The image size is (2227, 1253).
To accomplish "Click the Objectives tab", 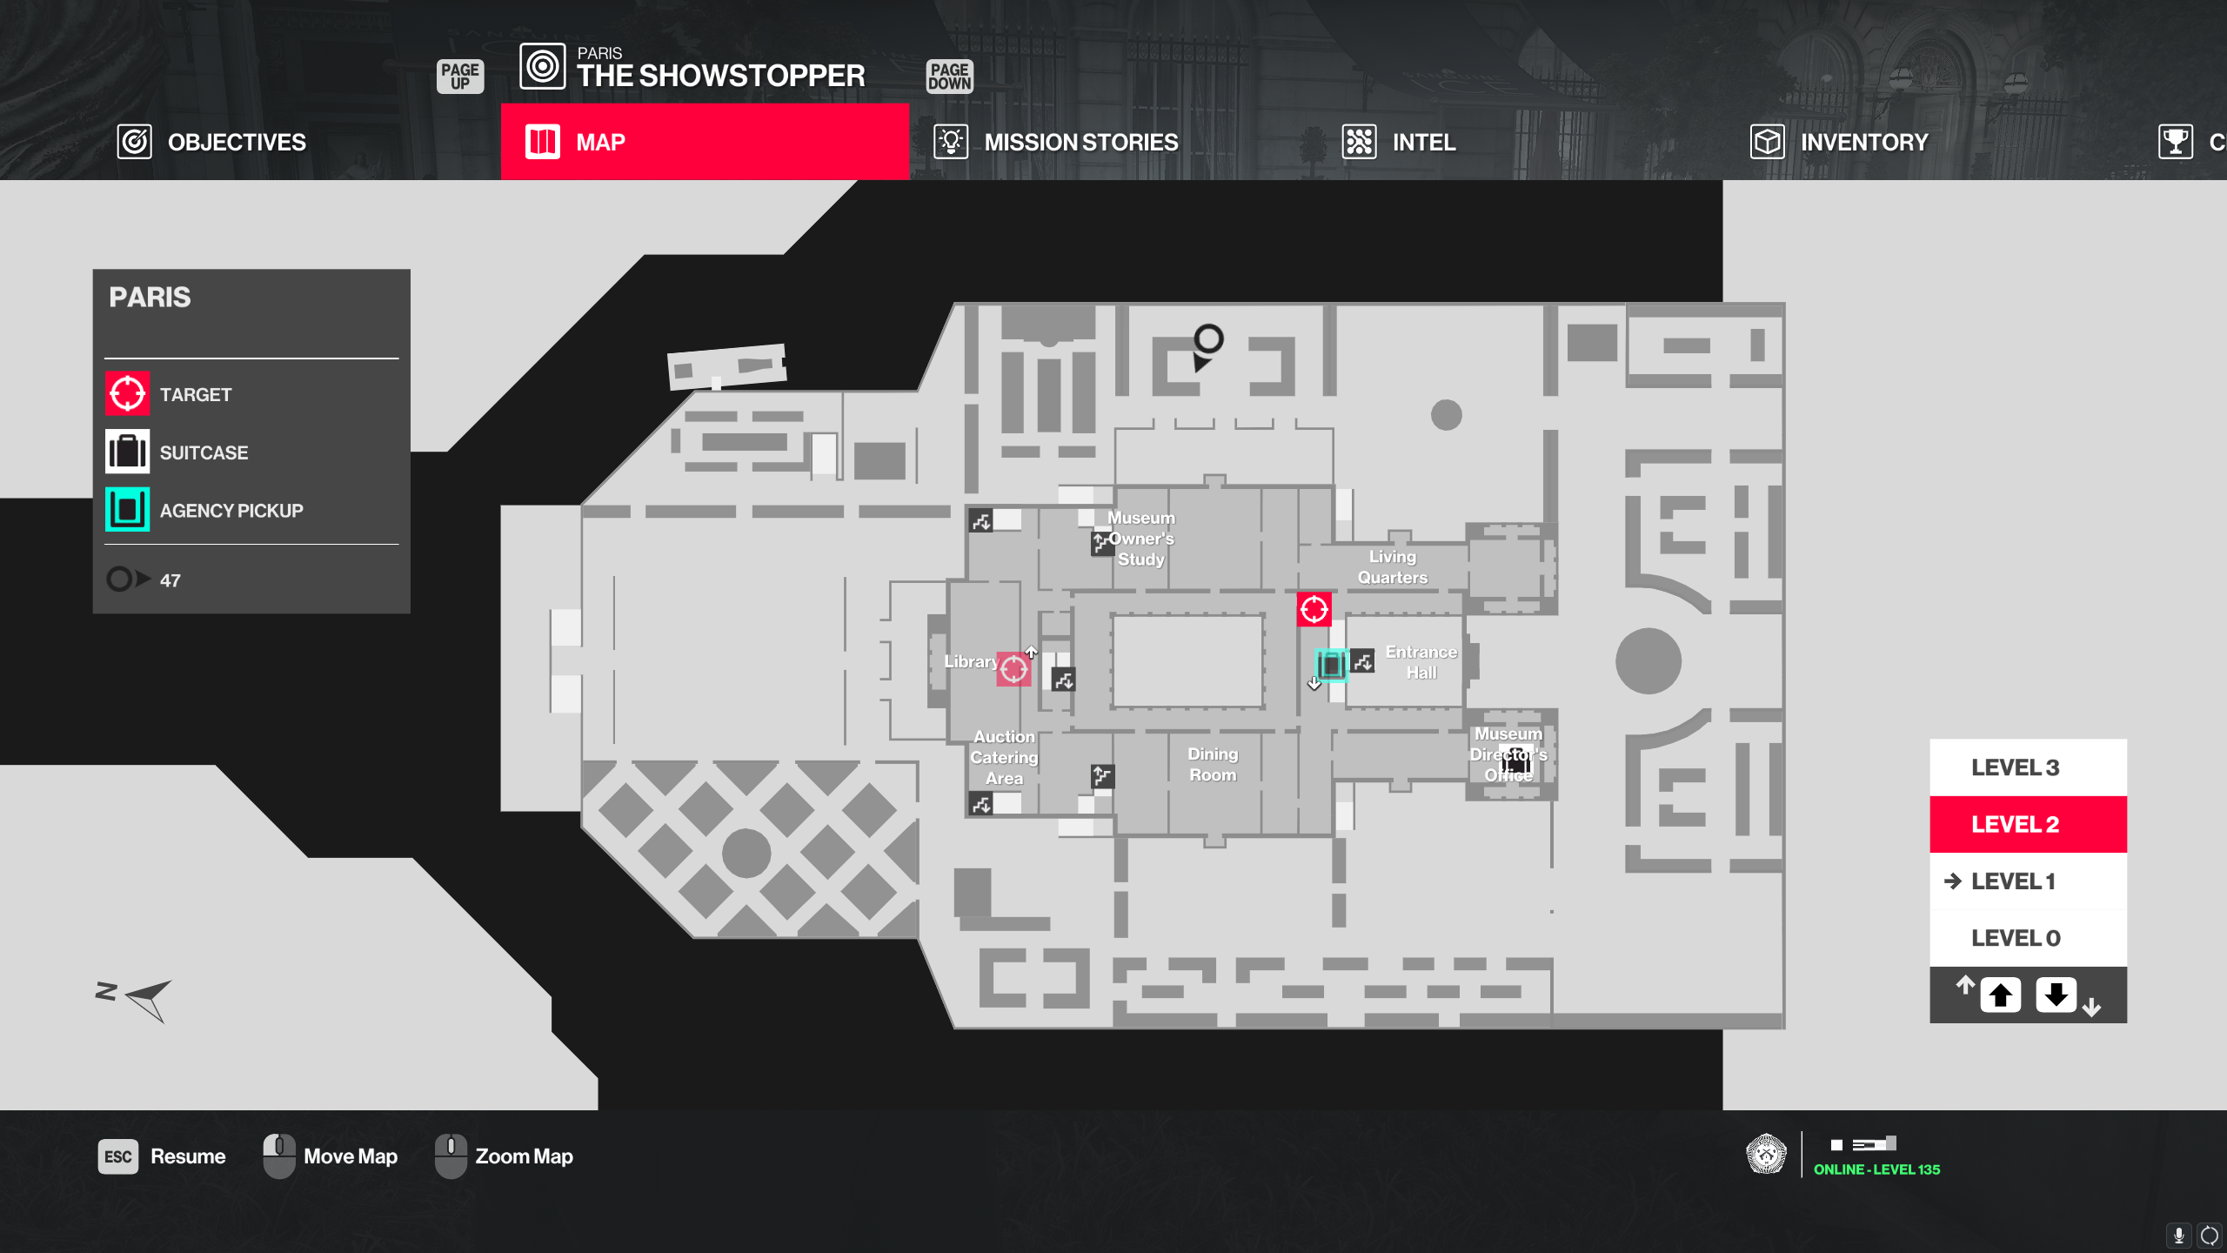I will click(212, 142).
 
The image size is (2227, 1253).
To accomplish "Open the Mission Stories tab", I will click(1056, 142).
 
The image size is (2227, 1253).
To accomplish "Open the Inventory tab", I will click(1839, 142).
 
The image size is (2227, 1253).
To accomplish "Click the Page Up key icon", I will click(460, 77).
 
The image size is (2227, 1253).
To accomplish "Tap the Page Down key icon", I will click(949, 77).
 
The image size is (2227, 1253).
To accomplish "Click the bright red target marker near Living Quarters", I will click(1314, 610).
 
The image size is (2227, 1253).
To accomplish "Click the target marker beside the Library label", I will click(1013, 669).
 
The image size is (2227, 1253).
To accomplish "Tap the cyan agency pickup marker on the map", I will click(1330, 666).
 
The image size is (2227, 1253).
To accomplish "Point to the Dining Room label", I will click(1213, 765).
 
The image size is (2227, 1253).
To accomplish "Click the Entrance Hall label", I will click(1421, 662).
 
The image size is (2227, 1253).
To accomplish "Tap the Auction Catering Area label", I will click(1004, 758).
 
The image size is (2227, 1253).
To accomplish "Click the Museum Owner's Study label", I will click(1140, 539).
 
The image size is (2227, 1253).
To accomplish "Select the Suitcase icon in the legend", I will click(127, 452).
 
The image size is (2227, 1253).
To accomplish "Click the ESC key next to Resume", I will click(117, 1156).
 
